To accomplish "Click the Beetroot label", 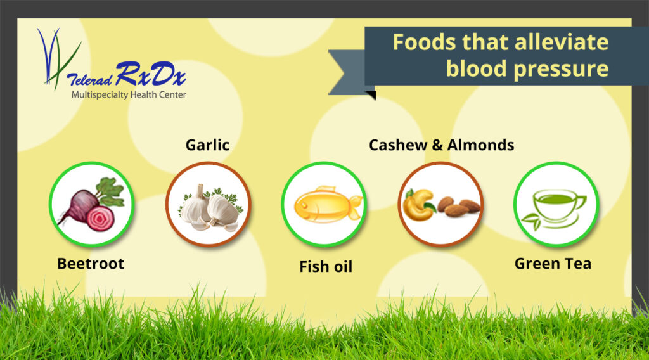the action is [91, 264].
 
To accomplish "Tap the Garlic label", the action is [207, 145].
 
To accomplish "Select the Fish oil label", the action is [326, 267].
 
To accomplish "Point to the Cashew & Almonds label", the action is [441, 145].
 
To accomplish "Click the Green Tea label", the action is [553, 264].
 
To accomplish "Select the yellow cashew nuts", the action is [418, 205].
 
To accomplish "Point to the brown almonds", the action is [458, 205].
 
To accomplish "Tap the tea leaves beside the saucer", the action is [532, 220].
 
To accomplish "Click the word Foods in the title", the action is [424, 42].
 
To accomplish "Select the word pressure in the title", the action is [561, 68].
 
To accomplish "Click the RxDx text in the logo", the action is [151, 74].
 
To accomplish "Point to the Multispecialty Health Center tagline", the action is [129, 95].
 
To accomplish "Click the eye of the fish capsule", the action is [304, 205].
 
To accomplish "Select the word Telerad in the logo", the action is [89, 79].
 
